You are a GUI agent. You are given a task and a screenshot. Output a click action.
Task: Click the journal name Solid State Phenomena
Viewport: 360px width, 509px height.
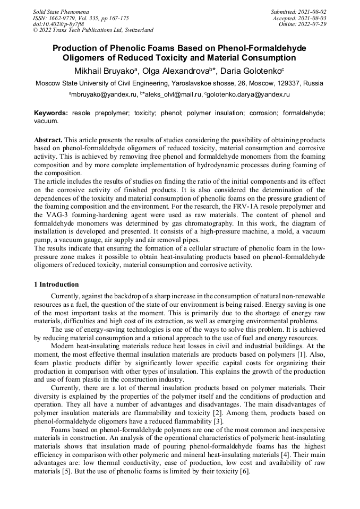[x=61, y=11]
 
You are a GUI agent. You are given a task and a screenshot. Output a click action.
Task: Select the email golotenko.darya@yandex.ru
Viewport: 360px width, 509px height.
[x=247, y=94]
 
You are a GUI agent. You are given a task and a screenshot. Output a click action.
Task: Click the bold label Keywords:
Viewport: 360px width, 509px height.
[x=51, y=114]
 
